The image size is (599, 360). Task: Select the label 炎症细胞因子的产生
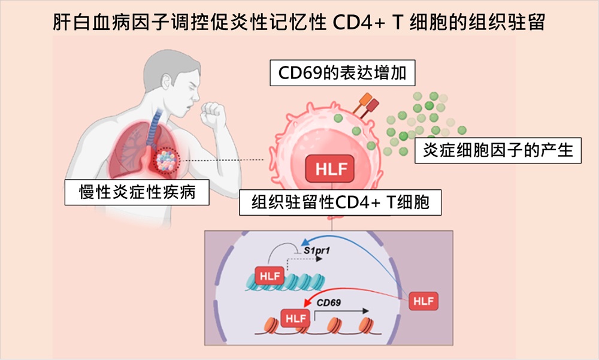(x=498, y=150)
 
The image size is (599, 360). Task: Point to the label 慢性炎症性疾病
(x=137, y=193)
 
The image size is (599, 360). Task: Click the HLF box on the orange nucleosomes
(x=297, y=317)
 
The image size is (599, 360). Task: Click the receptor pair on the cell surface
(x=366, y=105)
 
